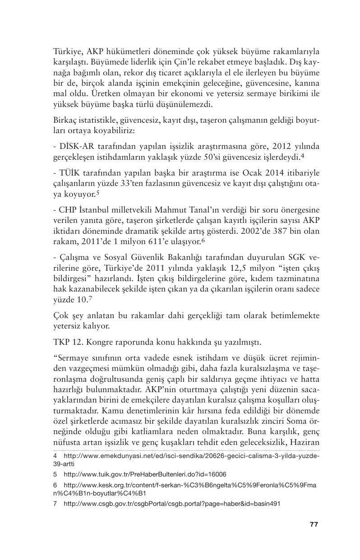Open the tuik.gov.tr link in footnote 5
145,474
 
